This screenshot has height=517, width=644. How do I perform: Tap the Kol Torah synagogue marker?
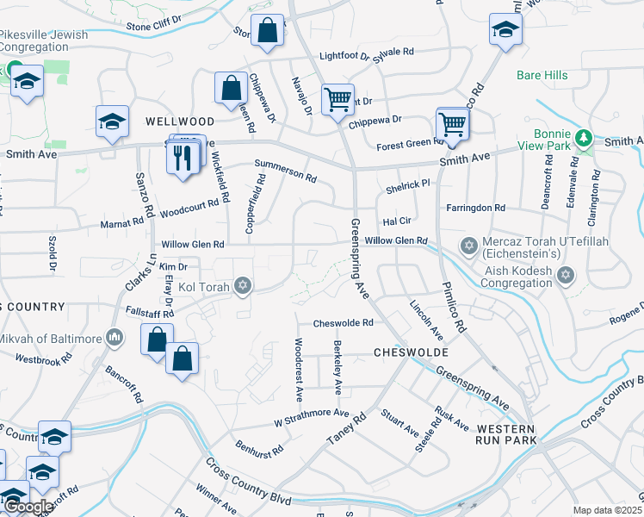[244, 285]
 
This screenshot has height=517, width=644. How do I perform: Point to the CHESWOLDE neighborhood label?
[411, 353]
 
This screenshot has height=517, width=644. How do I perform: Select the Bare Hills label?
[542, 75]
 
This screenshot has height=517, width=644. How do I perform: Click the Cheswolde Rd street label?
[343, 323]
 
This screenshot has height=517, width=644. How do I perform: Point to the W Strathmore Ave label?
[311, 415]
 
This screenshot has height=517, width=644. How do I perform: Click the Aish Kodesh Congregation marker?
[565, 275]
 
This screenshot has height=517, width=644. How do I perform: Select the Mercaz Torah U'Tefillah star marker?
[469, 247]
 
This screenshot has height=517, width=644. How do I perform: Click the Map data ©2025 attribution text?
[607, 510]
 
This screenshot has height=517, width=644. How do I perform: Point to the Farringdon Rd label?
[475, 208]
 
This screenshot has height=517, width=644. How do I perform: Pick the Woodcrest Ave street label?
[298, 371]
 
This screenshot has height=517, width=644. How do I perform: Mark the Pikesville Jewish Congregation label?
[43, 40]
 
